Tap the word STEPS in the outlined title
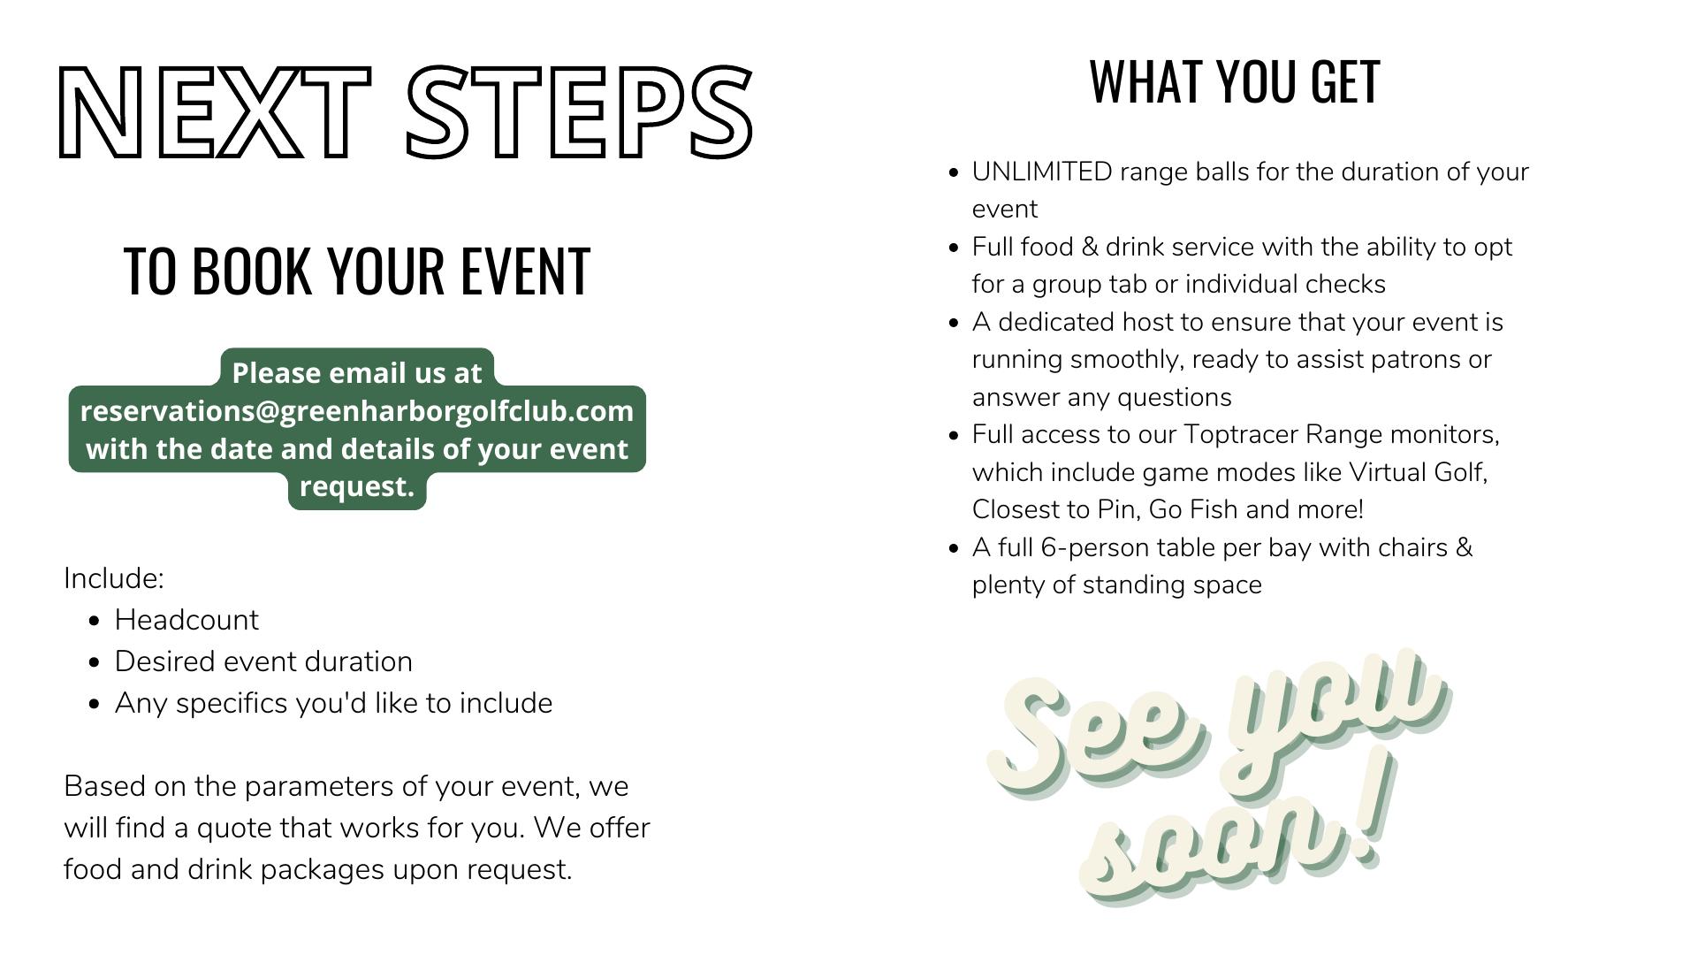579,112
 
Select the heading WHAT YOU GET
1235,81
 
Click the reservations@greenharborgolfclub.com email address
357,411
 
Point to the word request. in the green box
357,487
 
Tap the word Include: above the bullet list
114,578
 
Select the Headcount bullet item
186,620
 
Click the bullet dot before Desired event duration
95,662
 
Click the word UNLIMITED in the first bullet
1042,172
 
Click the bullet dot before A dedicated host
953,323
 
